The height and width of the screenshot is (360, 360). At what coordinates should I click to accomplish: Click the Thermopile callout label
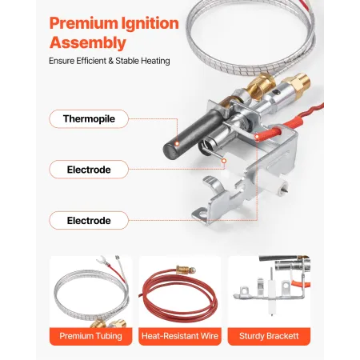[x=88, y=119]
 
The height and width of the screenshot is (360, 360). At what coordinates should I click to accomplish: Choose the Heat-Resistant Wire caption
[x=179, y=336]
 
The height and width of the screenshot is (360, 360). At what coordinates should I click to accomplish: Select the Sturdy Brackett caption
[x=269, y=336]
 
